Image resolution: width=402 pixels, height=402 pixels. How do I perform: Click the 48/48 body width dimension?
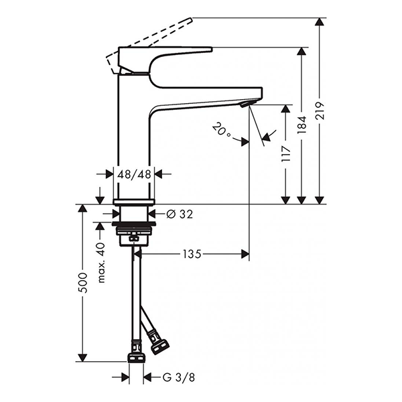pyautogui.click(x=133, y=174)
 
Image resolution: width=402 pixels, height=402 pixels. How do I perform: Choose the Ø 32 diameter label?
pyautogui.click(x=179, y=214)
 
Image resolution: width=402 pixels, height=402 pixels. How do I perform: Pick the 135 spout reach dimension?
pyautogui.click(x=192, y=254)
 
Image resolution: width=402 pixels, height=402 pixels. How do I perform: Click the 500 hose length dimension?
pyautogui.click(x=82, y=283)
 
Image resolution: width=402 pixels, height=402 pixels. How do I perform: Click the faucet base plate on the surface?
pyautogui.click(x=134, y=201)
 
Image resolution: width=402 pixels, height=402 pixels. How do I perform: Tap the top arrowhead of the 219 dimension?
pyautogui.click(x=320, y=22)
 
